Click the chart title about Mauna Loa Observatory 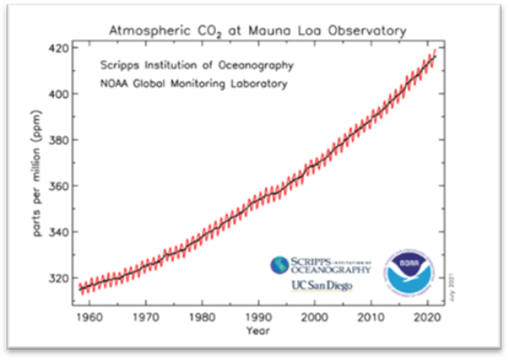click(x=256, y=31)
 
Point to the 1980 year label click(x=204, y=317)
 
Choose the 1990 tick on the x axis click(x=261, y=317)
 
